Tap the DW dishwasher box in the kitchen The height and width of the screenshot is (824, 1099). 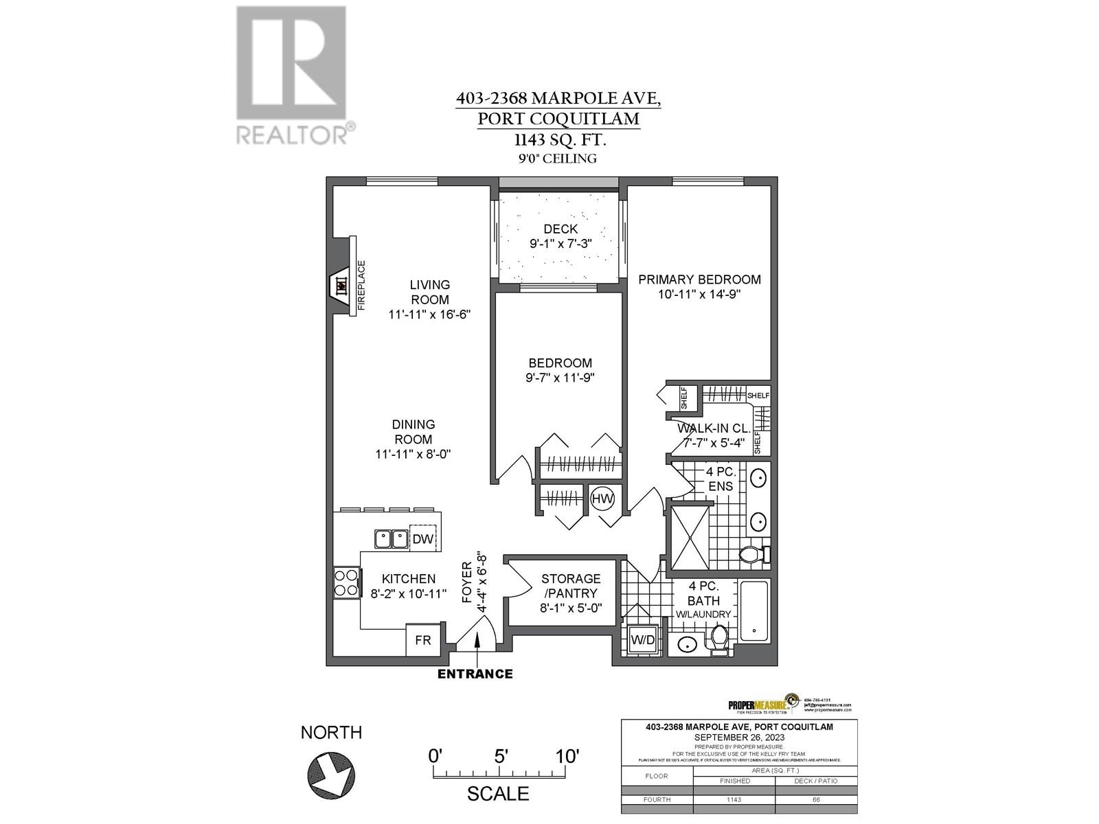point(423,539)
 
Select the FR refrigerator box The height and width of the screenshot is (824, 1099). point(423,640)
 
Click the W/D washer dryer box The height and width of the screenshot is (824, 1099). point(643,640)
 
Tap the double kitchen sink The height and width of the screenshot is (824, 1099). point(391,539)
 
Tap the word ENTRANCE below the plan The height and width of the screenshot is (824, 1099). point(475,674)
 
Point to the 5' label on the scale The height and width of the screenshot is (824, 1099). point(501,756)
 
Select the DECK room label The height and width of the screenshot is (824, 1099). point(560,229)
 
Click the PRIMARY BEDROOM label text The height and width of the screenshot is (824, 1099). point(699,279)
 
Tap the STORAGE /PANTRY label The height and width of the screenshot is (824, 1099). point(570,586)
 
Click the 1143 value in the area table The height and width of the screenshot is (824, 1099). point(734,800)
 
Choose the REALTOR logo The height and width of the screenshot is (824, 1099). point(292,76)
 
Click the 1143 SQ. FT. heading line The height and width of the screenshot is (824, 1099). point(558,139)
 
